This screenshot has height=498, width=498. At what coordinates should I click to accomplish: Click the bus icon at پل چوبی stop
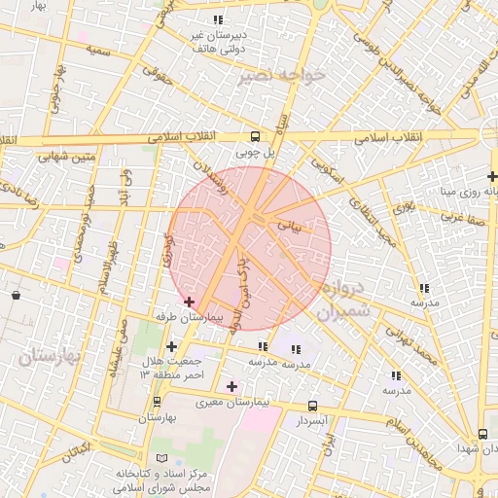pyautogui.click(x=255, y=136)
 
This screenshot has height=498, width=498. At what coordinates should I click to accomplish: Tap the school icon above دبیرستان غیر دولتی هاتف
pyautogui.click(x=218, y=18)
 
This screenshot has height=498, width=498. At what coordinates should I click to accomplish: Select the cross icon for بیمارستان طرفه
pyautogui.click(x=189, y=302)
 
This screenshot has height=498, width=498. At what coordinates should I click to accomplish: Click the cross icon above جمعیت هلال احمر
pyautogui.click(x=172, y=346)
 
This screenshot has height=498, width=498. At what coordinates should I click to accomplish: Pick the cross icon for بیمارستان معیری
pyautogui.click(x=231, y=387)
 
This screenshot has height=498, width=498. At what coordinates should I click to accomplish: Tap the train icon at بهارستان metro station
pyautogui.click(x=155, y=402)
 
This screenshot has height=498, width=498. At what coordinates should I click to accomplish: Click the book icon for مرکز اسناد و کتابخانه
pyautogui.click(x=161, y=457)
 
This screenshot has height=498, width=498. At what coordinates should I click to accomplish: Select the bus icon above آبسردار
pyautogui.click(x=312, y=406)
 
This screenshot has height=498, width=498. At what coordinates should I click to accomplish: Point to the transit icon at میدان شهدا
pyautogui.click(x=482, y=434)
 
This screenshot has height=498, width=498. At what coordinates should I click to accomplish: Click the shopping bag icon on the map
pyautogui.click(x=17, y=294)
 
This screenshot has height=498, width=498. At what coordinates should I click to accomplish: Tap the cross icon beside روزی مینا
pyautogui.click(x=492, y=176)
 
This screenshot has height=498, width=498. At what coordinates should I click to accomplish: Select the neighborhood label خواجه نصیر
pyautogui.click(x=282, y=75)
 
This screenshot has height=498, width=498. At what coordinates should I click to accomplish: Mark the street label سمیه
pyautogui.click(x=97, y=48)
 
